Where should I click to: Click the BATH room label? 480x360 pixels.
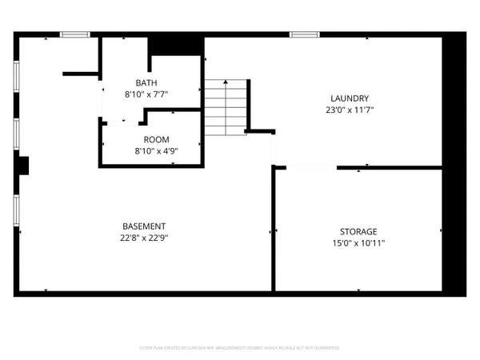(146, 82)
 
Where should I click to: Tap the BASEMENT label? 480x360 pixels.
(144, 226)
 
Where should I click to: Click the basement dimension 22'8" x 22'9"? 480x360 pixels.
(144, 237)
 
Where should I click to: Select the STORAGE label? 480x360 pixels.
(357, 231)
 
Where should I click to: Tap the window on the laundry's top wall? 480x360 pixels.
(302, 34)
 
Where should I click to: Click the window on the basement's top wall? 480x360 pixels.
(74, 34)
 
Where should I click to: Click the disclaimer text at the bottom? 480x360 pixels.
(239, 348)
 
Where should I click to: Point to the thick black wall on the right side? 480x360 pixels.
(454, 160)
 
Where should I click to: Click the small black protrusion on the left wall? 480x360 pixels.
(24, 166)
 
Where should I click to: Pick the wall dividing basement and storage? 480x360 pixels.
(274, 228)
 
